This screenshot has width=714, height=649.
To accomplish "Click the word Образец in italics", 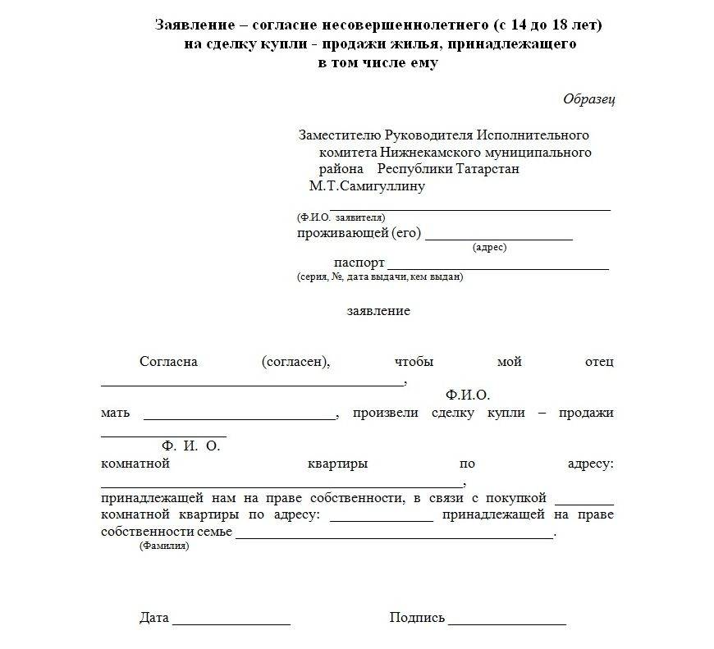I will point(588,99).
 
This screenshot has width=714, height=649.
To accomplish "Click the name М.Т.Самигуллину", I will point(367,186).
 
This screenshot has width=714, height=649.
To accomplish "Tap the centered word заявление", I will point(378,312).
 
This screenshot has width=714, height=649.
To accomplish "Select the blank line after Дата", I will point(231,624).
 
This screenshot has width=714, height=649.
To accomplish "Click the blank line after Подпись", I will point(507,624).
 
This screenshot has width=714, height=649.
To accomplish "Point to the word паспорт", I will point(359,263).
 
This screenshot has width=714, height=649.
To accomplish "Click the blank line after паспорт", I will point(497,268).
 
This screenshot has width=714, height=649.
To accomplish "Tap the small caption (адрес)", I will point(490,247).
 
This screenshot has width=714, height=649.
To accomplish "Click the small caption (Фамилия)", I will point(164,546).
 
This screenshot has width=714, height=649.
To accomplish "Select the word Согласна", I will point(169,362).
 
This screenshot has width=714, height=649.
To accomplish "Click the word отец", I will point(599,362).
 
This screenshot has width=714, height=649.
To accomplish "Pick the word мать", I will point(115,413).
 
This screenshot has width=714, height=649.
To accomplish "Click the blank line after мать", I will point(240,418).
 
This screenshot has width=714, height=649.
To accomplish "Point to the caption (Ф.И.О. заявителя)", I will point(341,218).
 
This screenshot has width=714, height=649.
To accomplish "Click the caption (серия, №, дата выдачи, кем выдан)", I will point(380,277).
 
